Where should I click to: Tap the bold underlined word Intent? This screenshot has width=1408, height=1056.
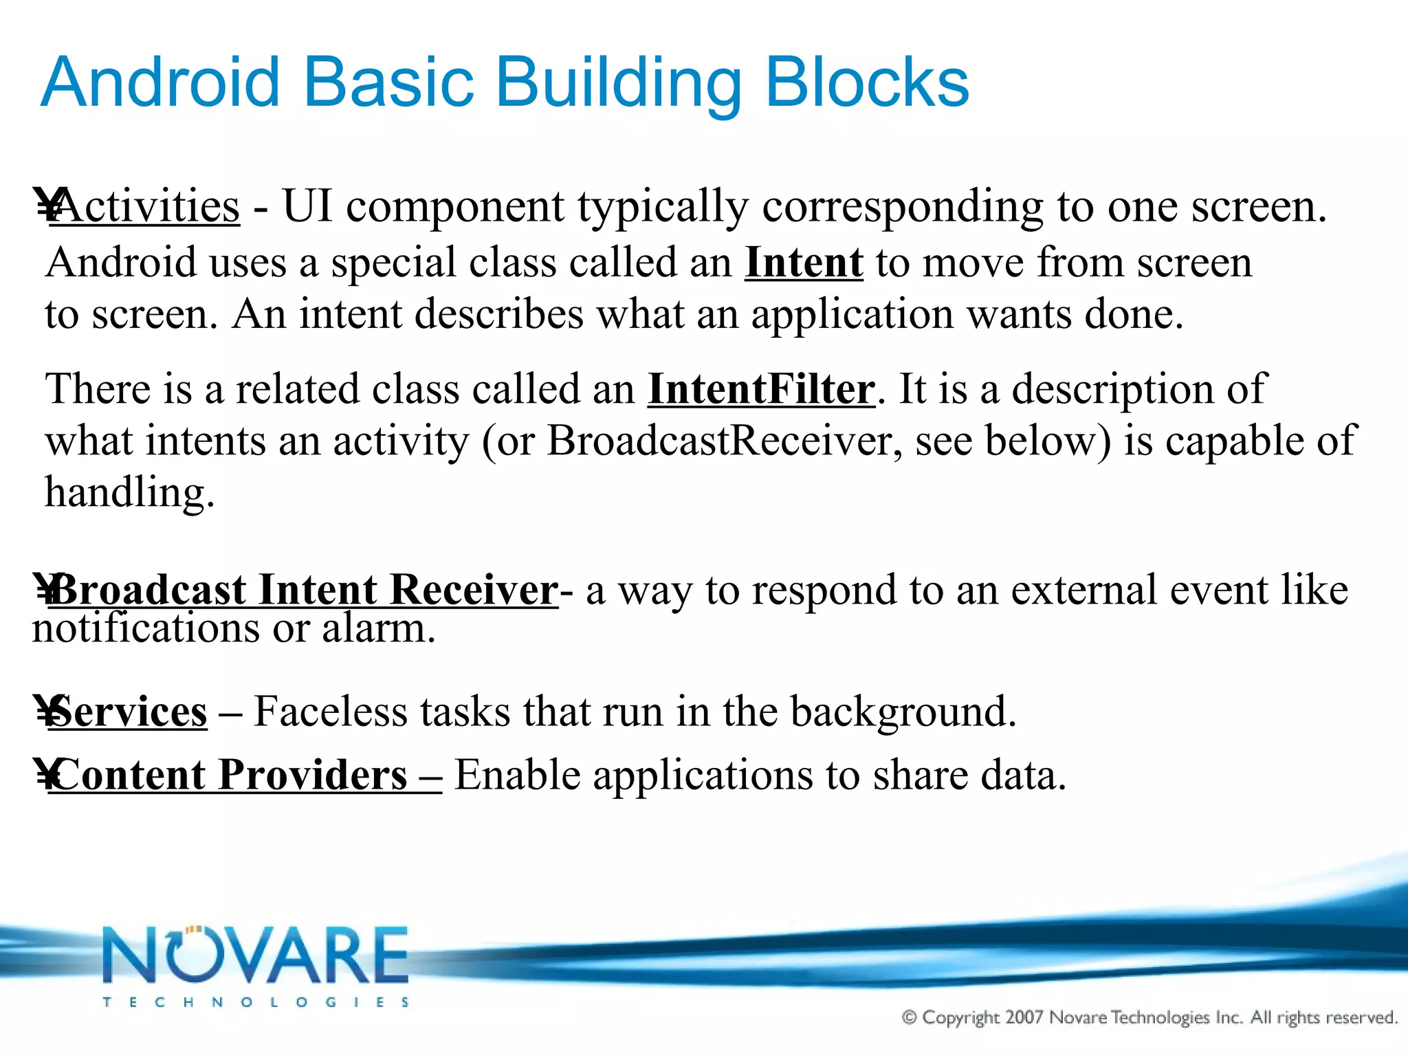pyautogui.click(x=804, y=263)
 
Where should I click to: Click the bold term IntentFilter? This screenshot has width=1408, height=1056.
pyautogui.click(x=761, y=389)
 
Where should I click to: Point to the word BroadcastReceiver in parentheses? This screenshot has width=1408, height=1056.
pyautogui.click(x=723, y=441)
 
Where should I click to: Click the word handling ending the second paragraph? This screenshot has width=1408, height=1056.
pyautogui.click(x=129, y=494)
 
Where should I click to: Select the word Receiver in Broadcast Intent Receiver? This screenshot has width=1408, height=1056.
pyautogui.click(x=473, y=590)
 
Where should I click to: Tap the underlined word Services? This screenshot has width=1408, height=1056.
pyautogui.click(x=128, y=712)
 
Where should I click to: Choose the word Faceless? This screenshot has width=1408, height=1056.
pyautogui.click(x=331, y=712)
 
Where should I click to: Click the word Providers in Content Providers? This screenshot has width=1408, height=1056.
pyautogui.click(x=313, y=775)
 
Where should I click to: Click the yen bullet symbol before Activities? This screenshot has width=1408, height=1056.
pyautogui.click(x=47, y=206)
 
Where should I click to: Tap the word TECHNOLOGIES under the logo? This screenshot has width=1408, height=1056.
pyautogui.click(x=256, y=1002)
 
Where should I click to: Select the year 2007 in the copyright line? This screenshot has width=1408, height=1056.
pyautogui.click(x=1024, y=1017)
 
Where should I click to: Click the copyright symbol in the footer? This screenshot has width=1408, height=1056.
pyautogui.click(x=910, y=1017)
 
